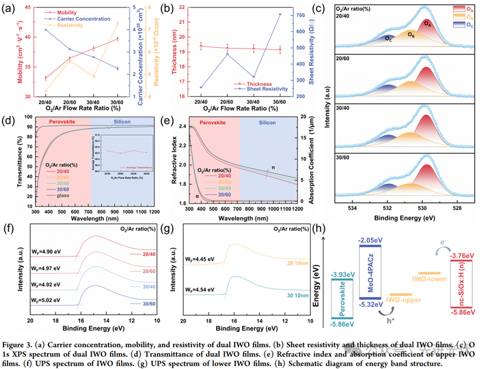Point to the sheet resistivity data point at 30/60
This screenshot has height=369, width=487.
coord(280,14)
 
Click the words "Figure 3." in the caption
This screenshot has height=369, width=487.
coord(19,347)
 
